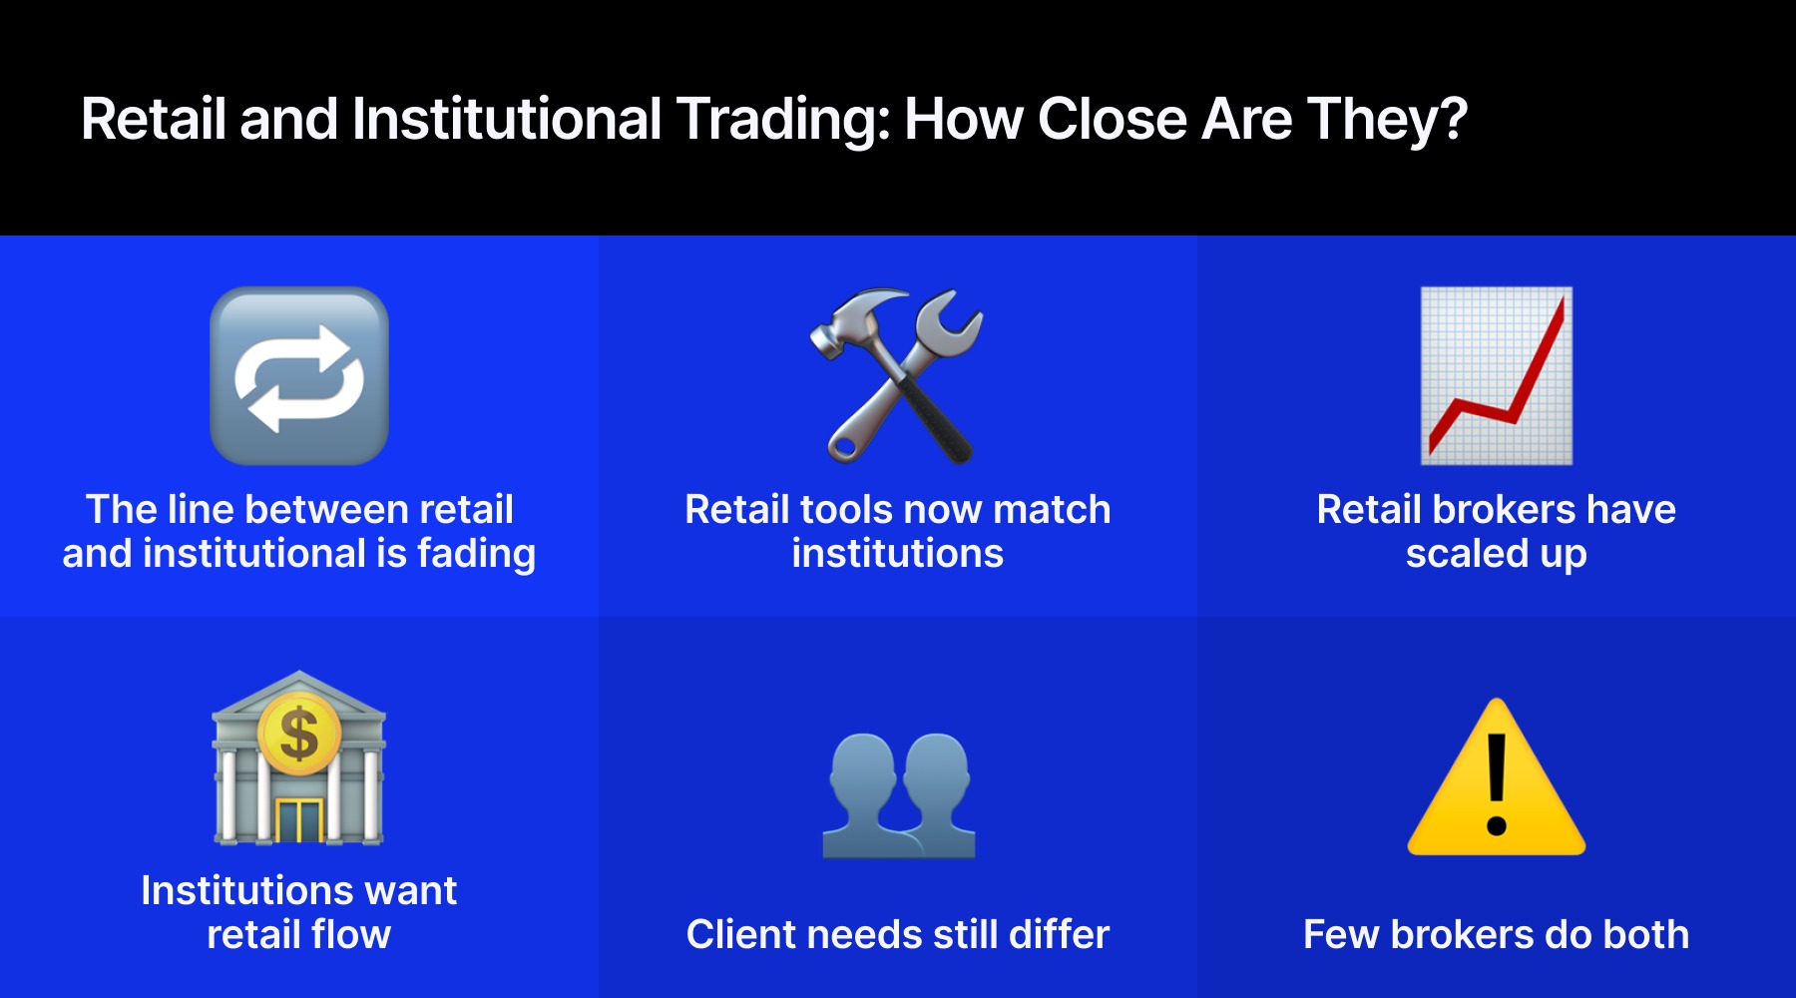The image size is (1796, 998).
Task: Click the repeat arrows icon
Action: [x=299, y=376]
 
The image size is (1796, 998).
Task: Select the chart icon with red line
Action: [x=1496, y=376]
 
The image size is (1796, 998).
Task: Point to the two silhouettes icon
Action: [x=898, y=795]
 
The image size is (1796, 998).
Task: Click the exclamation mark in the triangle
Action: [x=1496, y=783]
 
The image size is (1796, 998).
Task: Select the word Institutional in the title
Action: [x=507, y=119]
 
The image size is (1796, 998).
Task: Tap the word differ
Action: [x=1059, y=935]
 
